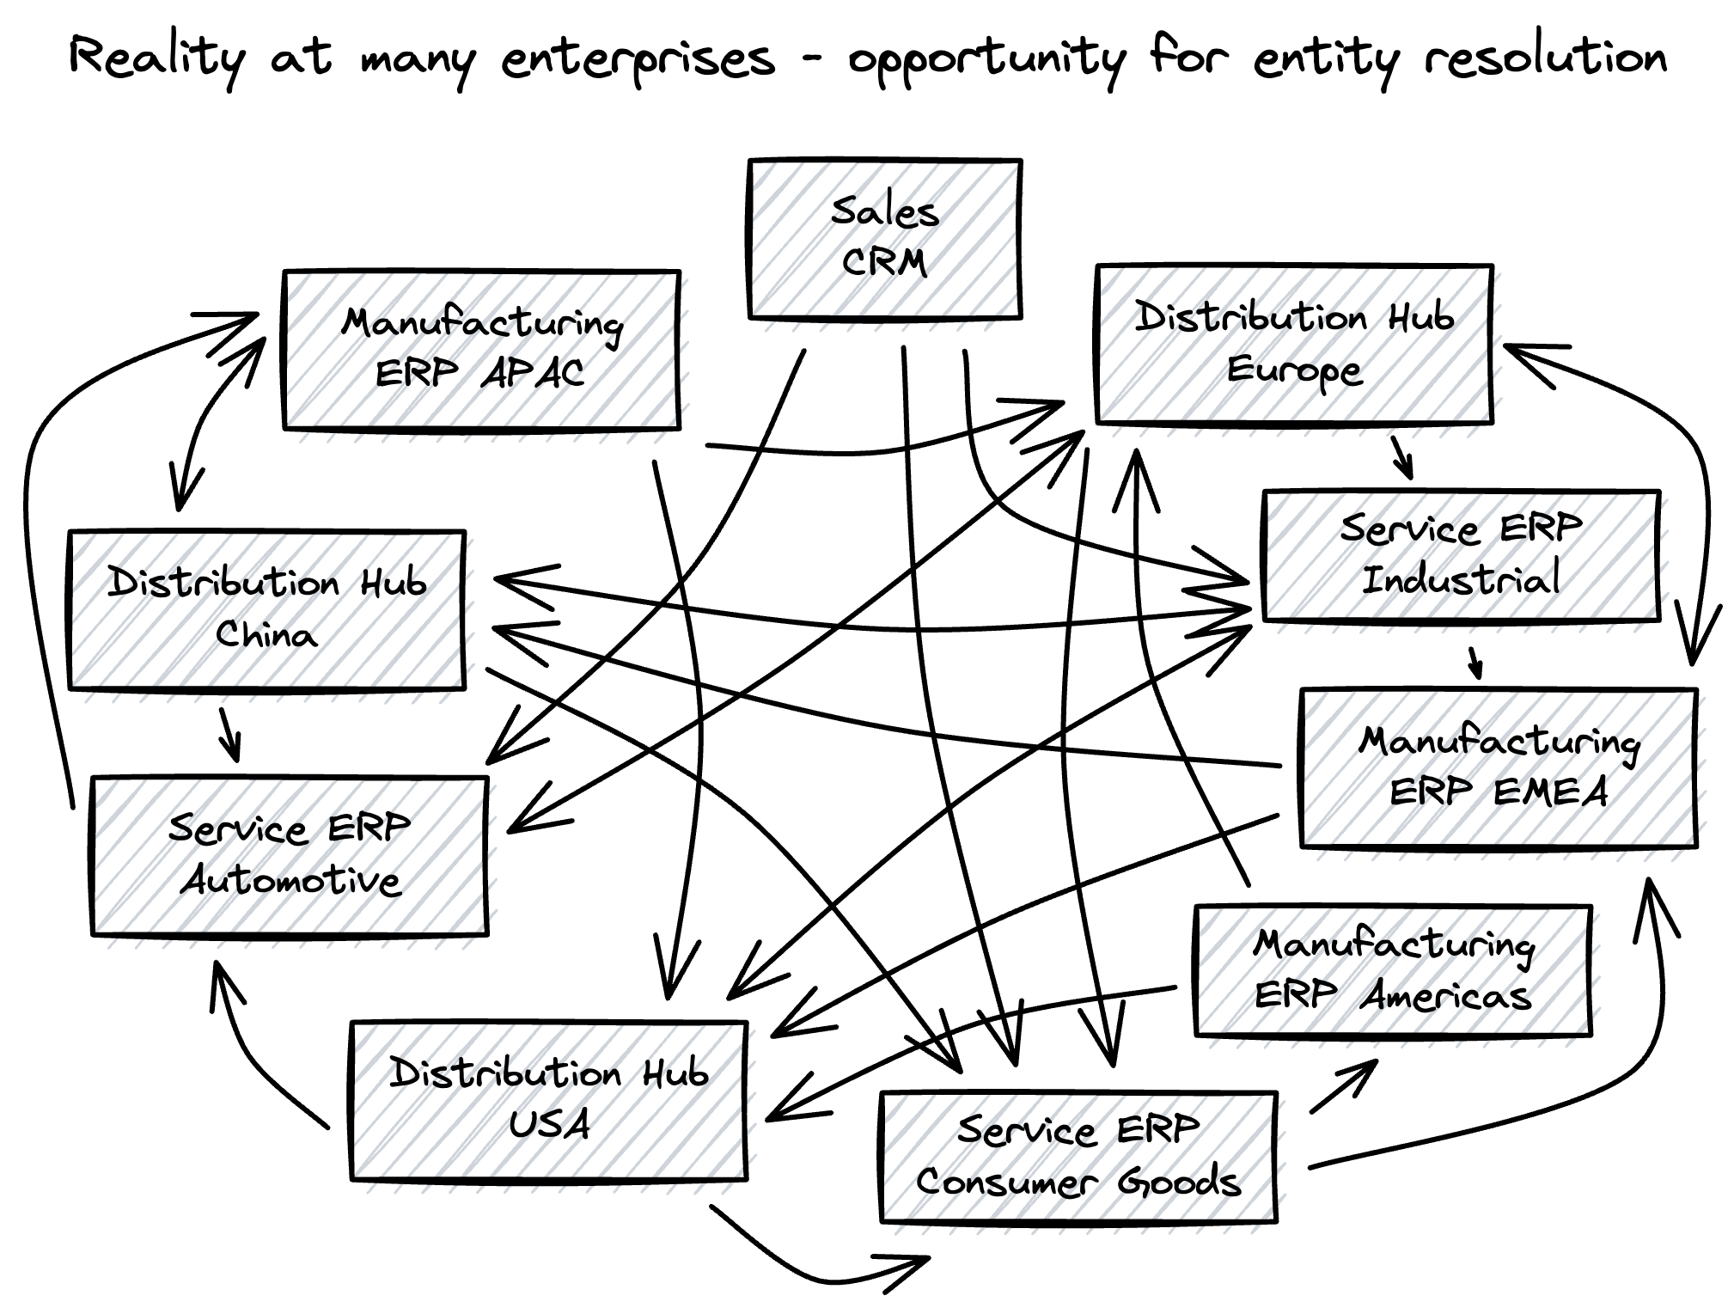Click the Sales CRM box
click(884, 239)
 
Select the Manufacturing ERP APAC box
click(481, 350)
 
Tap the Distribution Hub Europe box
click(1293, 345)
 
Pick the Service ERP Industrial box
click(1460, 555)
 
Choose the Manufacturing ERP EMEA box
click(1499, 767)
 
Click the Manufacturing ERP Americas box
click(1392, 970)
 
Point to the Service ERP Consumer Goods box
click(1078, 1157)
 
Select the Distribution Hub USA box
click(548, 1100)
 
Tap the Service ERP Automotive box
click(290, 856)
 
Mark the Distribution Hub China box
click(266, 609)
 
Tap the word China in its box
click(266, 634)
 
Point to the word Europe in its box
click(1293, 370)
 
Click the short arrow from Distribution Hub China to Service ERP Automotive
click(229, 733)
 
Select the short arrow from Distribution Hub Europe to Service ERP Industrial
click(1401, 457)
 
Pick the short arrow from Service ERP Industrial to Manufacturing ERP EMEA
click(1475, 662)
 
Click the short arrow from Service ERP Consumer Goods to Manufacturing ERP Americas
click(1343, 1086)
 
